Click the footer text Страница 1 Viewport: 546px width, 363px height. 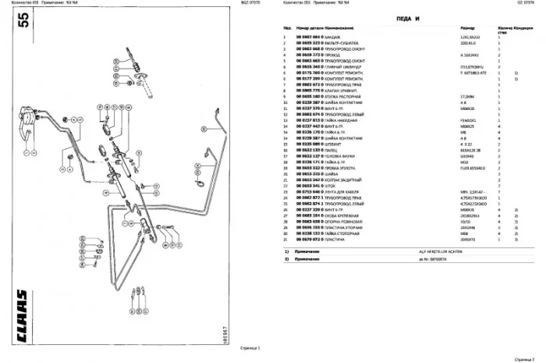tap(250, 348)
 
